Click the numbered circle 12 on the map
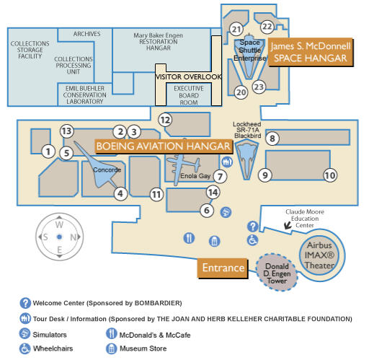[165, 120]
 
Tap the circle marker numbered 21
[236, 30]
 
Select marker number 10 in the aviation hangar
[330, 175]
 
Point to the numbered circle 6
[207, 211]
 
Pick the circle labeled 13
[66, 131]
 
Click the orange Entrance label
[223, 268]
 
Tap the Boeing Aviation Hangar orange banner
[164, 146]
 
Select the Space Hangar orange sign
[311, 52]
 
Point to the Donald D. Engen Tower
[277, 273]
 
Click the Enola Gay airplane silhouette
[183, 168]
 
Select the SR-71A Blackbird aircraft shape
[246, 159]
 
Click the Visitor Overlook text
[188, 77]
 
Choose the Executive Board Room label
[189, 95]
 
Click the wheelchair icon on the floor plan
[252, 240]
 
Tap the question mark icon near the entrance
[253, 227]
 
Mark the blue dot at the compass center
[59, 237]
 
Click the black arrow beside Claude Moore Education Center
[288, 225]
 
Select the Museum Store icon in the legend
[111, 348]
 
